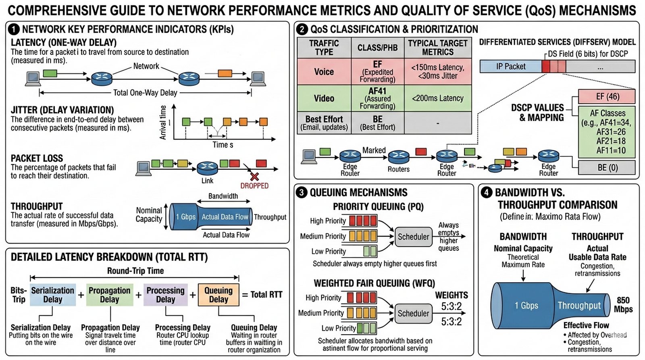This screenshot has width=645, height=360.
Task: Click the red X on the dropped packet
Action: click(254, 176)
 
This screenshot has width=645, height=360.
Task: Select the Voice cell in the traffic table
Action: click(324, 72)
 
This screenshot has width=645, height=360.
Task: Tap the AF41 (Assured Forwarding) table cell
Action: click(377, 98)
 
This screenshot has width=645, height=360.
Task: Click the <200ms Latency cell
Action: click(438, 98)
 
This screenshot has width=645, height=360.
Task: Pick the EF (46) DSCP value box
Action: click(607, 97)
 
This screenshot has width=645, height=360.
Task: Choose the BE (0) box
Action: click(607, 167)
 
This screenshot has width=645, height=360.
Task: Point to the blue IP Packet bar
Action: click(511, 67)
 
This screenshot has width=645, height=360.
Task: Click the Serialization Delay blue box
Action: click(53, 295)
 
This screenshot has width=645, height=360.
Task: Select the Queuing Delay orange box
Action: click(218, 295)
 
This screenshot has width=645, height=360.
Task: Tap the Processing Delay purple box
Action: click(166, 295)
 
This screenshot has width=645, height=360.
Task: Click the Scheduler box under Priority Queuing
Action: click(413, 237)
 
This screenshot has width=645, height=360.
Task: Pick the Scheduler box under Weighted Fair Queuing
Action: click(413, 313)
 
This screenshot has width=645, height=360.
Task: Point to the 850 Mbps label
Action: click(623, 305)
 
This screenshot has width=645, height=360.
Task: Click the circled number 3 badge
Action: click(302, 192)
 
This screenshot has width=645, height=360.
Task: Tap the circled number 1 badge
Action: click(14, 29)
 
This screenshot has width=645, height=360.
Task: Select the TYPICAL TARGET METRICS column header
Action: click(438, 48)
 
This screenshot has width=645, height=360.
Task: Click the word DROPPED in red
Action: click(254, 186)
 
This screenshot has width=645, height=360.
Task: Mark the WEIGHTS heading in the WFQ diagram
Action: click(451, 295)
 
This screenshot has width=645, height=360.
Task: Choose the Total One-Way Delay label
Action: click(145, 93)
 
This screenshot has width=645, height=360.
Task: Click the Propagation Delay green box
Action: click(110, 295)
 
